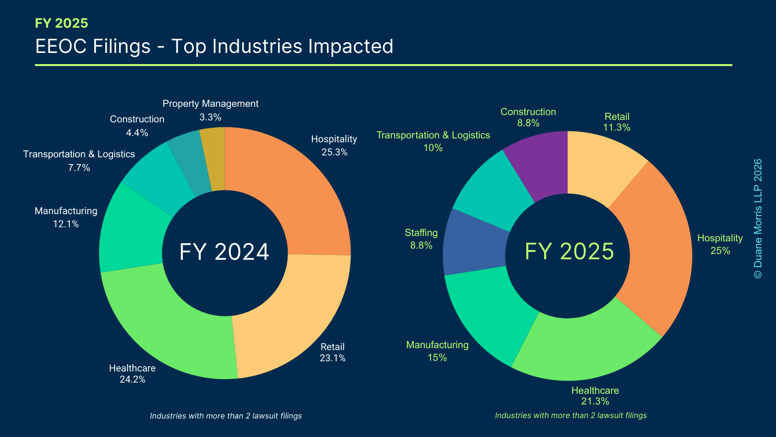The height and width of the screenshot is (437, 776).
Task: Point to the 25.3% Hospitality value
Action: (x=334, y=152)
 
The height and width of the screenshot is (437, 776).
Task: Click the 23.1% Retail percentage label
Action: (x=332, y=358)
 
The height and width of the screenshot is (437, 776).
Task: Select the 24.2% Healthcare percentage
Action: (x=132, y=380)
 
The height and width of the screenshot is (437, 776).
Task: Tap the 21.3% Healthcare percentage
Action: (x=595, y=402)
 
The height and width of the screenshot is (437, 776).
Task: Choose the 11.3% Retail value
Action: (x=616, y=128)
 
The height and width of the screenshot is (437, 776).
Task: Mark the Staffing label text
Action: (x=421, y=233)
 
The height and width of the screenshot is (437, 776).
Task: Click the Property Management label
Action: (x=210, y=104)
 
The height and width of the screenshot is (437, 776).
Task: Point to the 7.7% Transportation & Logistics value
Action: (x=79, y=168)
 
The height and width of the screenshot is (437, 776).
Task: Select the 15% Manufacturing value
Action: (x=437, y=358)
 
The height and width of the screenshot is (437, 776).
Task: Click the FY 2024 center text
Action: (x=224, y=252)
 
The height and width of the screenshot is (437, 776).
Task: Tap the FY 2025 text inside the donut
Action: (x=569, y=252)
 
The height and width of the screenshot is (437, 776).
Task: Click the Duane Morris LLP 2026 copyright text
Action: (x=758, y=218)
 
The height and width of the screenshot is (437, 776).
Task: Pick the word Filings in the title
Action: (x=121, y=47)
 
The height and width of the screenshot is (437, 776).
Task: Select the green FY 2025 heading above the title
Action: (x=62, y=23)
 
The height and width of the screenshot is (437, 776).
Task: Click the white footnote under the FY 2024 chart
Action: (x=226, y=416)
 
